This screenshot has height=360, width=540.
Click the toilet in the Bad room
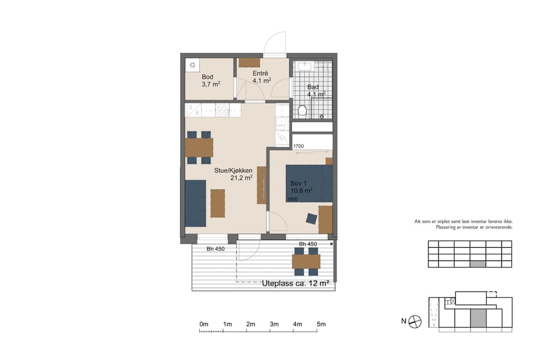click(302, 110)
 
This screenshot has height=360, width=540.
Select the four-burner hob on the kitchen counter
click(221, 110)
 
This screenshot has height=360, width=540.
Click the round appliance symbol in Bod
click(192, 65)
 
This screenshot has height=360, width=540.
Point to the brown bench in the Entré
click(249, 62)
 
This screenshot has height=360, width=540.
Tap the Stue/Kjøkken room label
click(233, 174)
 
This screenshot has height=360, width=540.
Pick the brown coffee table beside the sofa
click(218, 203)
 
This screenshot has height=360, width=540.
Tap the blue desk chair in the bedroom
click(311, 219)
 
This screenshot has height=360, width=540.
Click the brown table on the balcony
click(306, 261)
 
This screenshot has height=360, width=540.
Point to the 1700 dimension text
click(299, 146)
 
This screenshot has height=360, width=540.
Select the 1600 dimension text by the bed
click(293, 199)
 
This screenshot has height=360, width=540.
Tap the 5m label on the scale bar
click(321, 325)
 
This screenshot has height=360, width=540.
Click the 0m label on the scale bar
click(203, 325)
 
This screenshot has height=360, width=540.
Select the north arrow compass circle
click(415, 322)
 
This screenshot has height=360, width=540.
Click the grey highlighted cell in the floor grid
click(477, 264)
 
